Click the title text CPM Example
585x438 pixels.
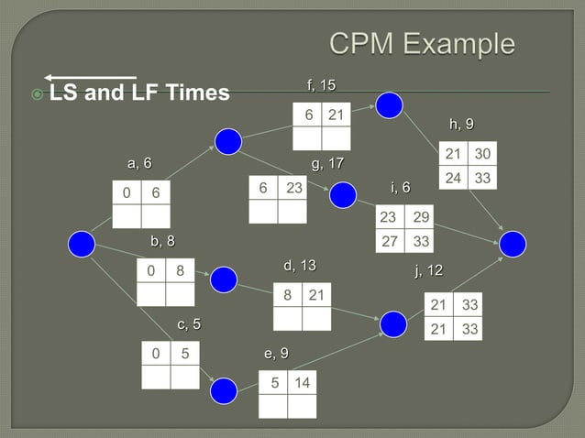pyautogui.click(x=422, y=44)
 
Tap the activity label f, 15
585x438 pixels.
pyautogui.click(x=321, y=85)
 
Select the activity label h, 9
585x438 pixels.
pyautogui.click(x=461, y=124)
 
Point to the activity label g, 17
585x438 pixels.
pyautogui.click(x=327, y=164)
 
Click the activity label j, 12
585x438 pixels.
pyautogui.click(x=428, y=270)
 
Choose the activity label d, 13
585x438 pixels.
pyautogui.click(x=299, y=266)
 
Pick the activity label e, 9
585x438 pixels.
pyautogui.click(x=276, y=353)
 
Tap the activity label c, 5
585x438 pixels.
pyautogui.click(x=189, y=323)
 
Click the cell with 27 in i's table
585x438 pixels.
pyautogui.click(x=390, y=242)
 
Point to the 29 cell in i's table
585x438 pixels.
pyautogui.click(x=421, y=218)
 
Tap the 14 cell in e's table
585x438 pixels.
pyautogui.click(x=302, y=383)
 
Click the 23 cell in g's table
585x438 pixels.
pyautogui.click(x=293, y=187)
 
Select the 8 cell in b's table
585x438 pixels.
pyautogui.click(x=181, y=271)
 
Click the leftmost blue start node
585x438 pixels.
pyautogui.click(x=83, y=243)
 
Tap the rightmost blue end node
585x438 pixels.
pyautogui.click(x=513, y=243)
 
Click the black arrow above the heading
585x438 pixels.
pyautogui.click(x=90, y=77)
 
